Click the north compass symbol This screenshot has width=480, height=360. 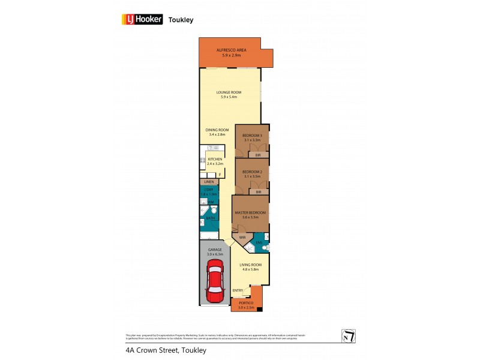click(348, 337)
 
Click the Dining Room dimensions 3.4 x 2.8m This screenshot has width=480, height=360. click(217, 134)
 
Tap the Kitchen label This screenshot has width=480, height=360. click(215, 159)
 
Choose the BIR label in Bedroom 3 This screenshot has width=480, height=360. click(258, 155)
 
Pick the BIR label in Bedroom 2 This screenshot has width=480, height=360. click(258, 192)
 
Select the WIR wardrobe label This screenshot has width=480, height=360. click(243, 238)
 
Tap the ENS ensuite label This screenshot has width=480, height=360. click(259, 242)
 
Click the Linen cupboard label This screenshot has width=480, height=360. click(209, 182)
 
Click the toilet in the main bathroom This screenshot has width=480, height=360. click(213, 211)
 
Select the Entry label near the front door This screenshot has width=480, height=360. click(238, 290)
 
